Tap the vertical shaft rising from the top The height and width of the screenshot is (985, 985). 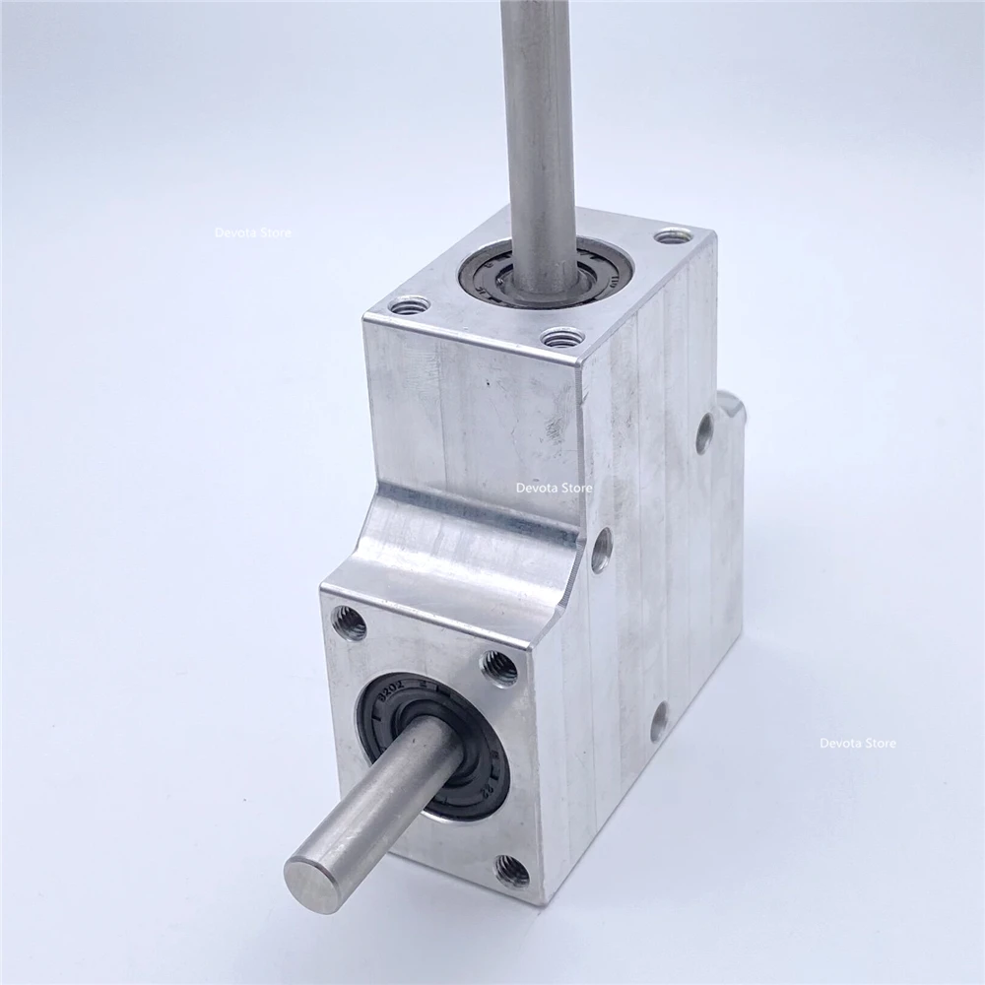(537, 118)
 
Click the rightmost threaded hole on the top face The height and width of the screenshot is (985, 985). (673, 237)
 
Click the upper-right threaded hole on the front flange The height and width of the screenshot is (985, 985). (497, 668)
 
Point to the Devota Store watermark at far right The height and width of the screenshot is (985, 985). (858, 744)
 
